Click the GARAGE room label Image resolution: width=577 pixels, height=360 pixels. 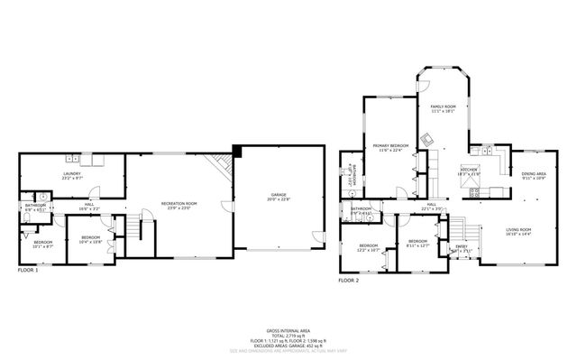point(278,196)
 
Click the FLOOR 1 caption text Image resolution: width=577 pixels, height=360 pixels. point(30,270)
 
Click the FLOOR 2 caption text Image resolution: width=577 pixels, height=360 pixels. point(348,282)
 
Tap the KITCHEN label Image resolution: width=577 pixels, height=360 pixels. point(469,170)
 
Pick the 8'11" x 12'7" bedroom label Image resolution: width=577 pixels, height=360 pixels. point(417,243)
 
